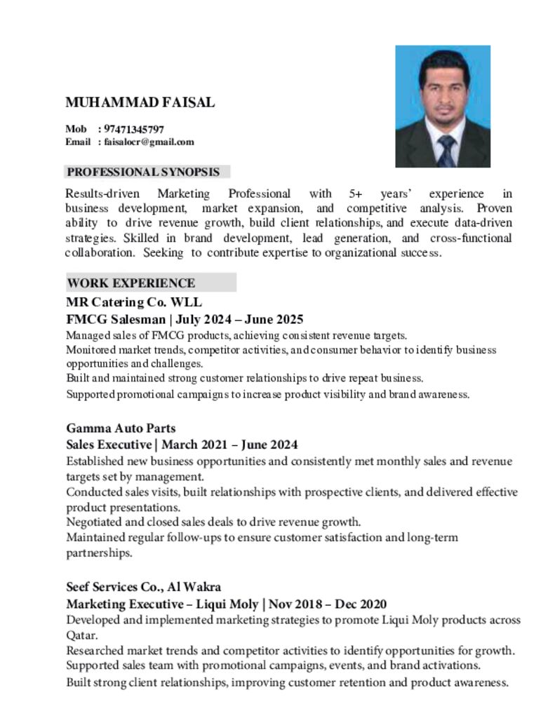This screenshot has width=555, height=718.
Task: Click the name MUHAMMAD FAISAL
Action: click(140, 102)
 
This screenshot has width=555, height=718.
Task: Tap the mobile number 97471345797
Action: click(133, 129)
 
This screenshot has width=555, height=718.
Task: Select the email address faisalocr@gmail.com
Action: click(149, 142)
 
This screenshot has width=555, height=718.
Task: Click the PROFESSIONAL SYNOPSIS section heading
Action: click(143, 172)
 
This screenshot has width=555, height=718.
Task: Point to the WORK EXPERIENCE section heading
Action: click(131, 283)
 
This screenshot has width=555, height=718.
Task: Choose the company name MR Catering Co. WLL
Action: click(134, 302)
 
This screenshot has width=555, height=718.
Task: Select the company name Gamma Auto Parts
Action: click(121, 428)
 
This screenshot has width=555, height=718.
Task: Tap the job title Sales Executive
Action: click(108, 445)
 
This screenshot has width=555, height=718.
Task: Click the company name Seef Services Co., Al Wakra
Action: click(143, 587)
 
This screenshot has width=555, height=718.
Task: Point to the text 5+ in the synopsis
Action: click(354, 194)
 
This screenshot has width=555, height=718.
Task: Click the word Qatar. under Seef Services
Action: click(81, 635)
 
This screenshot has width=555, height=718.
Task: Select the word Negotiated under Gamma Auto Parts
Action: click(95, 522)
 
